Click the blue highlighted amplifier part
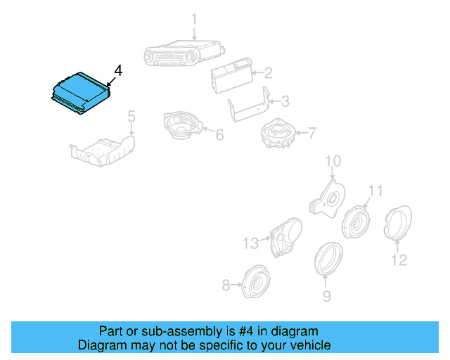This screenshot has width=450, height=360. (x=79, y=91)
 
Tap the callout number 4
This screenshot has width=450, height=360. (x=118, y=71)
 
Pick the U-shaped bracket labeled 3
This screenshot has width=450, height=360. (x=250, y=108)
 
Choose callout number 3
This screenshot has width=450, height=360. (x=285, y=102)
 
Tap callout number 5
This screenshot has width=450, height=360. (x=131, y=116)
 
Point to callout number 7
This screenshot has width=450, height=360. (x=311, y=132)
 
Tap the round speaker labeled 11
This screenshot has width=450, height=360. (x=356, y=222)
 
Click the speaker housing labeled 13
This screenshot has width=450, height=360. (x=285, y=236)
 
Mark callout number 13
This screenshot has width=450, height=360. (x=251, y=243)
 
